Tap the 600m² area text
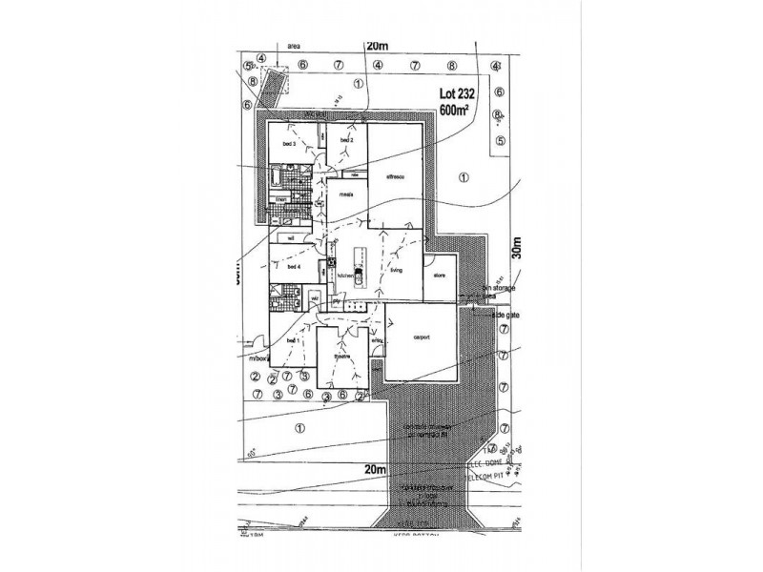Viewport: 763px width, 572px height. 457,111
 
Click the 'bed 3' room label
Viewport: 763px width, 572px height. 285,144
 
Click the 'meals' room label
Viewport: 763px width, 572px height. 347,193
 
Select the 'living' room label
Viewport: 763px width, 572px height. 396,271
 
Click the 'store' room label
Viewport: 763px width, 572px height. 440,276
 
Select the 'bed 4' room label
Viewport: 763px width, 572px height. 294,268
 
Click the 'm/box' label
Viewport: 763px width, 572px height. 260,359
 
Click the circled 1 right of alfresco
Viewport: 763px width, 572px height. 464,176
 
